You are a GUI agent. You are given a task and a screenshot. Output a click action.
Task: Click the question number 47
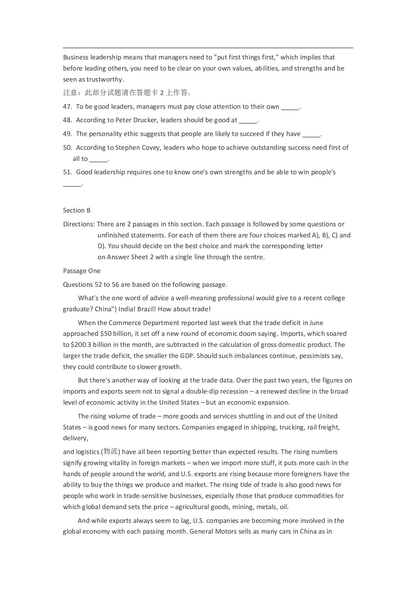67,107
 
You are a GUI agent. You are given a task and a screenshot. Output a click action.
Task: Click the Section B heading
77,211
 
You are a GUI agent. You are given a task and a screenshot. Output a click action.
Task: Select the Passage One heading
82,271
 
